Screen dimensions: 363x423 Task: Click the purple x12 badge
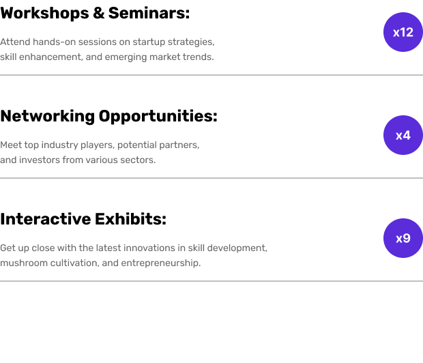[x=403, y=32]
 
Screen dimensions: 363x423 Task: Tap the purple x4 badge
[x=403, y=135]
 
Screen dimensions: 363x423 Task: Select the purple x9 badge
[x=403, y=238]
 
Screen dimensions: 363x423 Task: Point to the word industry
[x=59, y=145]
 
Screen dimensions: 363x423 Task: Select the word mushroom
[x=23, y=263]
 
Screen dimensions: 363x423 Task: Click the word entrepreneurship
[x=161, y=263]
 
